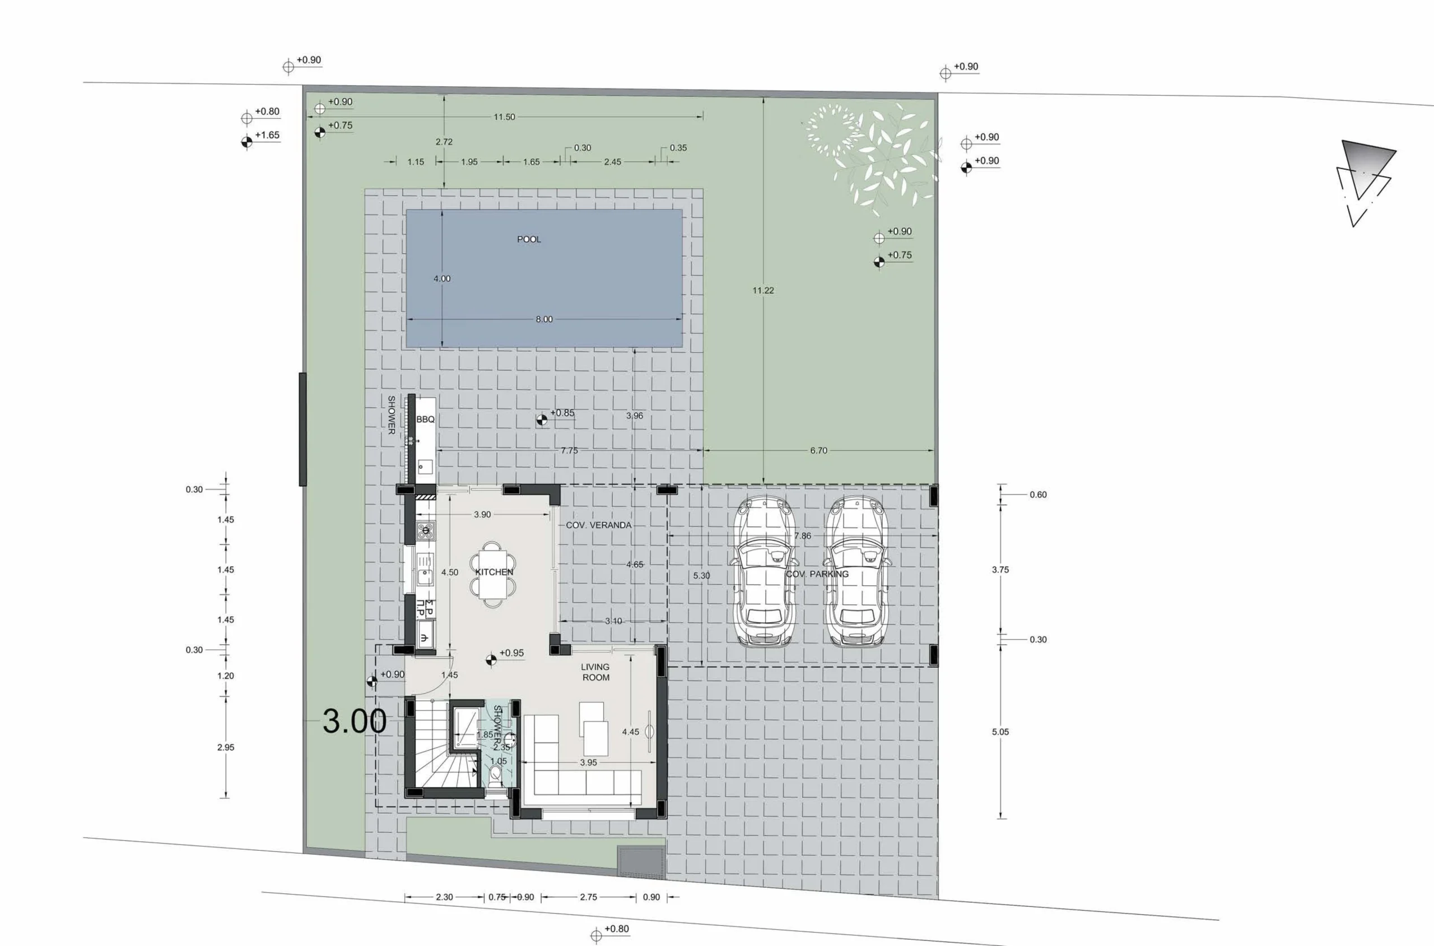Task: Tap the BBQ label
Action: [x=425, y=420]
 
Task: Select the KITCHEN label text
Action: [x=494, y=572]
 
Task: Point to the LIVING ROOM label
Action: [x=595, y=672]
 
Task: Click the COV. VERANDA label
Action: [x=598, y=525]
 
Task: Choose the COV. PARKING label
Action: [x=817, y=574]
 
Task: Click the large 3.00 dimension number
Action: [x=355, y=720]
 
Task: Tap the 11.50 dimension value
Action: [x=504, y=117]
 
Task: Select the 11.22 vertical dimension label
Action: [x=763, y=290]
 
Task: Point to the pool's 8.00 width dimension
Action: [x=544, y=319]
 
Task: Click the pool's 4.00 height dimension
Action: [x=441, y=279]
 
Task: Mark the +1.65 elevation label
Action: [x=267, y=135]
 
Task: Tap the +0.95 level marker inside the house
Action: [x=506, y=655]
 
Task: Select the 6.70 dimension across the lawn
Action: [x=818, y=451]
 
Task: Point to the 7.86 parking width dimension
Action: [x=802, y=536]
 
